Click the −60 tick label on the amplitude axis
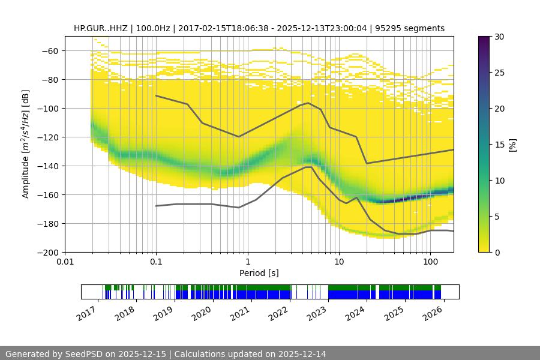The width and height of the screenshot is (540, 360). pos(50,50)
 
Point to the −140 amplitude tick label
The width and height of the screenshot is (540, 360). pos(47,166)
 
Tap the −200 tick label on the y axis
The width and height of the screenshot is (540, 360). pos(47,252)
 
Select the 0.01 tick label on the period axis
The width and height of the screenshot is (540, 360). pos(65,262)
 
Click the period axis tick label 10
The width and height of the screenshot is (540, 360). pos(338,262)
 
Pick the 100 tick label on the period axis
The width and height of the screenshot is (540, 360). pos(430,262)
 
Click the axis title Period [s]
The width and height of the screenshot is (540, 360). pos(259,273)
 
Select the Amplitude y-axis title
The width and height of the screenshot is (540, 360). pos(26,144)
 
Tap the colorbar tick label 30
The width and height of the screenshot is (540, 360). pos(499,37)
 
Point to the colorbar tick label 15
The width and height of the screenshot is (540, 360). pos(499,145)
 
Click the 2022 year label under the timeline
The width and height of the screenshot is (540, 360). pos(277,312)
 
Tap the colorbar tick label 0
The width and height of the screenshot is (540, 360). pos(497,252)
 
